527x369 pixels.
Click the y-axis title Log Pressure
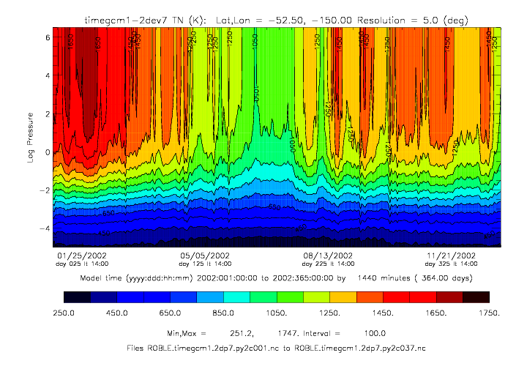[31, 137]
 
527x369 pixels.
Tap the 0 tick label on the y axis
[46, 152]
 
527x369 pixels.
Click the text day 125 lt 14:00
[206, 264]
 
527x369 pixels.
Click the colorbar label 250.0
[76, 313]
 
